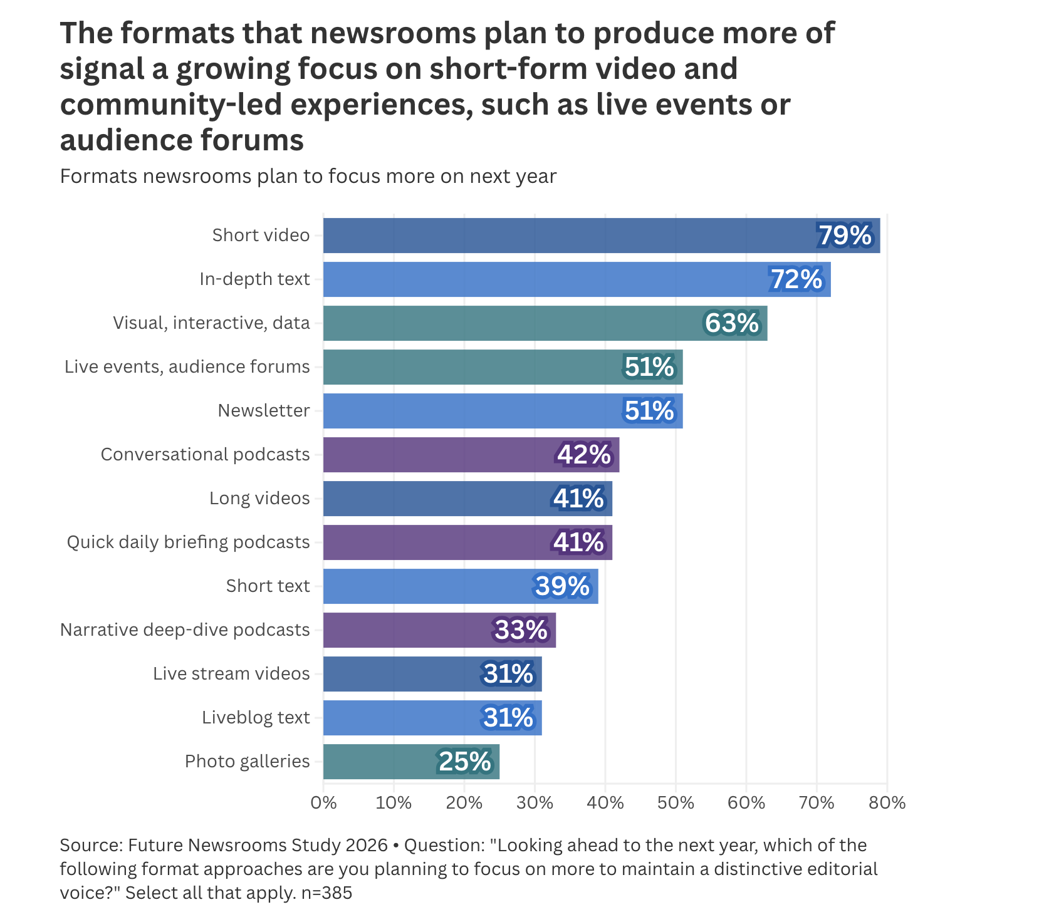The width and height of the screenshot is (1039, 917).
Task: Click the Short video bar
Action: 602,236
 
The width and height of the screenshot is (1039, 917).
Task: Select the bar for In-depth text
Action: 577,279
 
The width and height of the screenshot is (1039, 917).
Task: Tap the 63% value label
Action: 731,323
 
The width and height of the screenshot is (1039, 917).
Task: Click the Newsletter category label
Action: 264,411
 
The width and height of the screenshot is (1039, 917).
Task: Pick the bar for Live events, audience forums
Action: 503,367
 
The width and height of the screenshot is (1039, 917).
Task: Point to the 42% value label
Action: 584,455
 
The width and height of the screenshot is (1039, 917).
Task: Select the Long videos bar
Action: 467,499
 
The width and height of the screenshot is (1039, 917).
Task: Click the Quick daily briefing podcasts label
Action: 189,542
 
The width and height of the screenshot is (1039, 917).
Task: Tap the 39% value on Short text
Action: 563,586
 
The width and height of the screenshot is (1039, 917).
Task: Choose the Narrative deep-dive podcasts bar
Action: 439,630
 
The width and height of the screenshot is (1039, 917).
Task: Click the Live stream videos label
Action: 232,674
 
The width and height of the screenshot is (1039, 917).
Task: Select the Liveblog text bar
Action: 432,718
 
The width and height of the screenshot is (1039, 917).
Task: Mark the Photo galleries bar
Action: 411,762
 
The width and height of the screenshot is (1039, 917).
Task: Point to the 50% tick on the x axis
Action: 676,802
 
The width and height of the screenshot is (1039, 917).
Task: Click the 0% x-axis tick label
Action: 323,802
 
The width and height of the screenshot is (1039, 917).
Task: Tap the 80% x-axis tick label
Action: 887,802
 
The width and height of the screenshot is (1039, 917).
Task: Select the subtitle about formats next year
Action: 308,177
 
